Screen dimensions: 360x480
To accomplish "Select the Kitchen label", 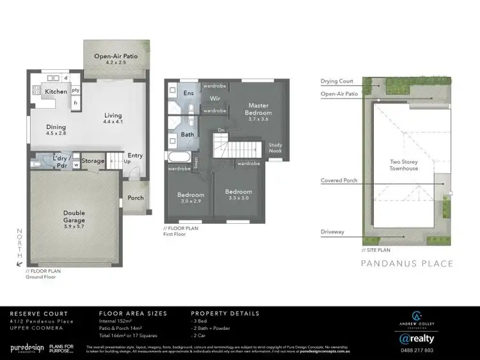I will [x=56, y=92].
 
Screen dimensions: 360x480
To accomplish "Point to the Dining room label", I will [x=56, y=130].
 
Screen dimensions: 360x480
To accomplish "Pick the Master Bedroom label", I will [x=259, y=109].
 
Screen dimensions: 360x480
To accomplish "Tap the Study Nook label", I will [x=275, y=147].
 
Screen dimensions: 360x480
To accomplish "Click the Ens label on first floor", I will [x=189, y=93].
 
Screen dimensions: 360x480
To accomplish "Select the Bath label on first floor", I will [x=188, y=135].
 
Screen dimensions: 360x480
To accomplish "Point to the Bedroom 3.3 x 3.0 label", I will [x=238, y=194].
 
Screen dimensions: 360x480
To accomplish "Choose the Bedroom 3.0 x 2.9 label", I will [x=191, y=198].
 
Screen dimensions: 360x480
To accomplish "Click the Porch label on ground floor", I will [x=136, y=198].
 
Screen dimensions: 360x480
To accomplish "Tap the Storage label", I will [x=93, y=161].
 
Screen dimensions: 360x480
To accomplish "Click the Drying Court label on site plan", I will [x=337, y=81].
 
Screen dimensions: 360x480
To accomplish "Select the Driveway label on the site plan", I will [x=333, y=231].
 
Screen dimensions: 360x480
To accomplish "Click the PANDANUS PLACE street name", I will [x=407, y=263].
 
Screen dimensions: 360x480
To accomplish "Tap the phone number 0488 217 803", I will [x=416, y=350].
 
